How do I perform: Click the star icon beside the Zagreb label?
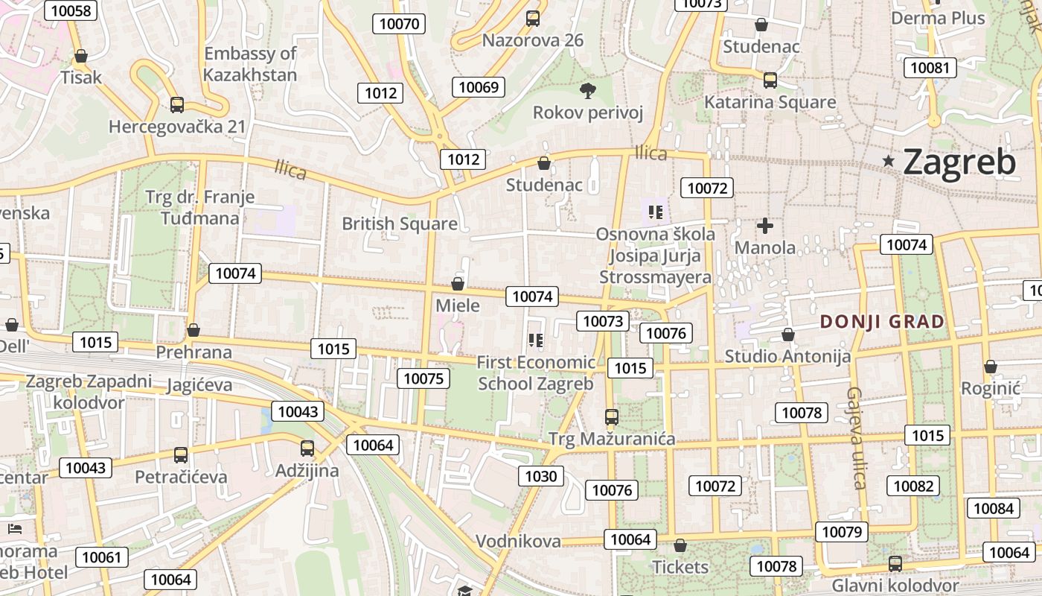(x=888, y=161)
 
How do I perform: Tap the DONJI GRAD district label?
(x=882, y=322)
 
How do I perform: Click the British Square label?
(x=400, y=223)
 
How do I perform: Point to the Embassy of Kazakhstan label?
(x=250, y=64)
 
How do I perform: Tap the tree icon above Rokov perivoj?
(x=587, y=91)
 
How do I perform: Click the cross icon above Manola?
(x=764, y=226)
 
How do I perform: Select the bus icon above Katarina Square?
(x=770, y=80)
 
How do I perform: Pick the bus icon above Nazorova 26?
(x=533, y=19)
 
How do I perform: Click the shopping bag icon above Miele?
(x=458, y=284)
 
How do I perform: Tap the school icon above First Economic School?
(x=535, y=341)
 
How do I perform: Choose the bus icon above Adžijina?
(x=307, y=448)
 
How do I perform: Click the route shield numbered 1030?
(x=541, y=476)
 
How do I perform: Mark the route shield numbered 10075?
(x=423, y=378)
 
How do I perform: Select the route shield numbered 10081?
(x=930, y=68)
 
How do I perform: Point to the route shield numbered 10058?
(x=71, y=10)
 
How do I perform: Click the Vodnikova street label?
(x=518, y=541)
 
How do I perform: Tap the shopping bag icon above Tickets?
(x=680, y=546)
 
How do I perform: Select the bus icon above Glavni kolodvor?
(x=895, y=564)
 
